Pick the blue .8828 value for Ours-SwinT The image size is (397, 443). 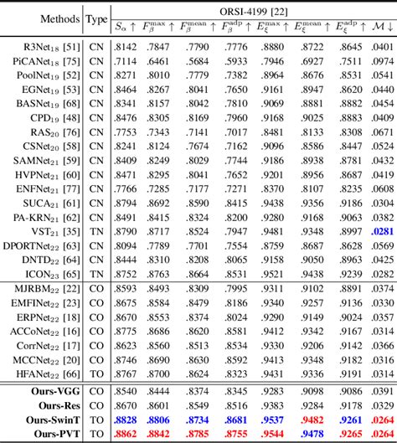pos(126,419)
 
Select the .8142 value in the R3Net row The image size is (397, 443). pos(126,48)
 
